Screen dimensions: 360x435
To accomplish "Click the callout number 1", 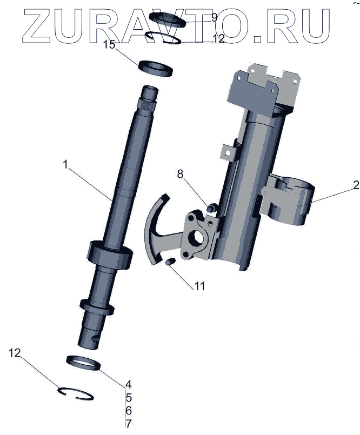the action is click(x=65, y=165).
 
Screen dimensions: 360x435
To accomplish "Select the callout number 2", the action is click(x=355, y=185).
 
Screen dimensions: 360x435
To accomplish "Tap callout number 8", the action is click(x=181, y=174).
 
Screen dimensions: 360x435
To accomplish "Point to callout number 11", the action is click(x=199, y=286).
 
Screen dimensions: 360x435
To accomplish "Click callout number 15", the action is click(x=109, y=45).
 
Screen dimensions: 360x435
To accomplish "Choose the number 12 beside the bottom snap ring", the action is click(x=15, y=353).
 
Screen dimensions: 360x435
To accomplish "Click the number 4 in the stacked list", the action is click(x=128, y=385).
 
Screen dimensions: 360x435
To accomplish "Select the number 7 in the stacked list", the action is click(x=128, y=424).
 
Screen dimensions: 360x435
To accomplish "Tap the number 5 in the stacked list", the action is click(x=128, y=398).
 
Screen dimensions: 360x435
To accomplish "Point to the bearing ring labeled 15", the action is click(x=156, y=69).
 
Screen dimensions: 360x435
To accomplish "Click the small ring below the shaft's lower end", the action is click(x=84, y=363).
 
